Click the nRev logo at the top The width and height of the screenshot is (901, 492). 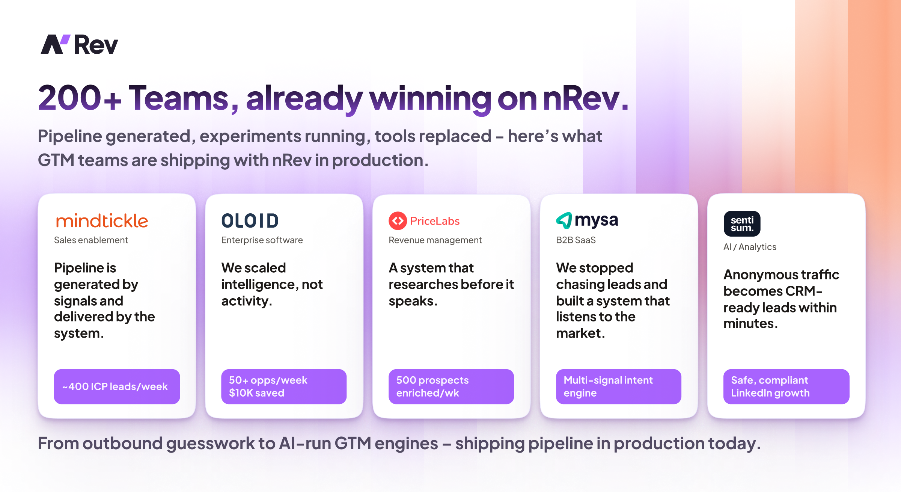tap(79, 45)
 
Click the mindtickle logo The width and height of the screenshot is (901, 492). tap(102, 221)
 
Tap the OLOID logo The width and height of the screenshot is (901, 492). tap(250, 221)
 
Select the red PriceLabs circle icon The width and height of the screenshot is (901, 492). tap(398, 221)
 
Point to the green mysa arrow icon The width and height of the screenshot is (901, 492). tap(564, 220)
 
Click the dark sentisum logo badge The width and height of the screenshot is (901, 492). tap(742, 224)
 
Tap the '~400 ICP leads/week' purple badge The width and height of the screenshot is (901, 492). tap(117, 386)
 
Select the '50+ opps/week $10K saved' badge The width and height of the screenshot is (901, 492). tap(284, 386)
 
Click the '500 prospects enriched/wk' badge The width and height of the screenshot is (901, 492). tap(451, 386)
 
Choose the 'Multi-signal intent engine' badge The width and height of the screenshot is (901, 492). tap(618, 386)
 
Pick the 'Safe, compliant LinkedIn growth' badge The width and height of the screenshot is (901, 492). tap(786, 386)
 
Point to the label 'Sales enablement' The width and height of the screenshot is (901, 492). tap(91, 240)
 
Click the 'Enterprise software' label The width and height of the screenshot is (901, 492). tap(262, 240)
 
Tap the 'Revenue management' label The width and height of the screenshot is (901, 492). tap(435, 240)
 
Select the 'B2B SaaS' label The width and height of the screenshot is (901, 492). tap(576, 240)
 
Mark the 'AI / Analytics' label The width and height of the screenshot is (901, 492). tap(750, 247)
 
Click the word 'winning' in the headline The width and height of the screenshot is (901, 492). tap(430, 98)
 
